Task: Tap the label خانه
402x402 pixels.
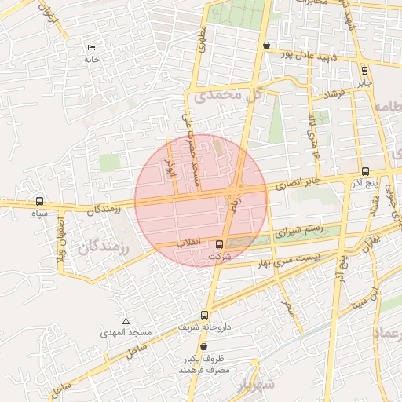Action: pos(92,60)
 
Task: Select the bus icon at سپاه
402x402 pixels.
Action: pos(39,202)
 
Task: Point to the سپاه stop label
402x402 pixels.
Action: pos(39,213)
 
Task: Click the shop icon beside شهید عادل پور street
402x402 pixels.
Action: pos(267,45)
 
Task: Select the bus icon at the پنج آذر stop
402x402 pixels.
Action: pos(365,171)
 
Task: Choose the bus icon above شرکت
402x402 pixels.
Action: pos(219,244)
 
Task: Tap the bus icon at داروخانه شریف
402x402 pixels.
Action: pos(204,315)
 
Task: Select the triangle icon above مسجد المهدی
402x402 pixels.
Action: pos(126,322)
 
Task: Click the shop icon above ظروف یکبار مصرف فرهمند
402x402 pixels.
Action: pos(204,346)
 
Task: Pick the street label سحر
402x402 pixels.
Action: pos(291,309)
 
